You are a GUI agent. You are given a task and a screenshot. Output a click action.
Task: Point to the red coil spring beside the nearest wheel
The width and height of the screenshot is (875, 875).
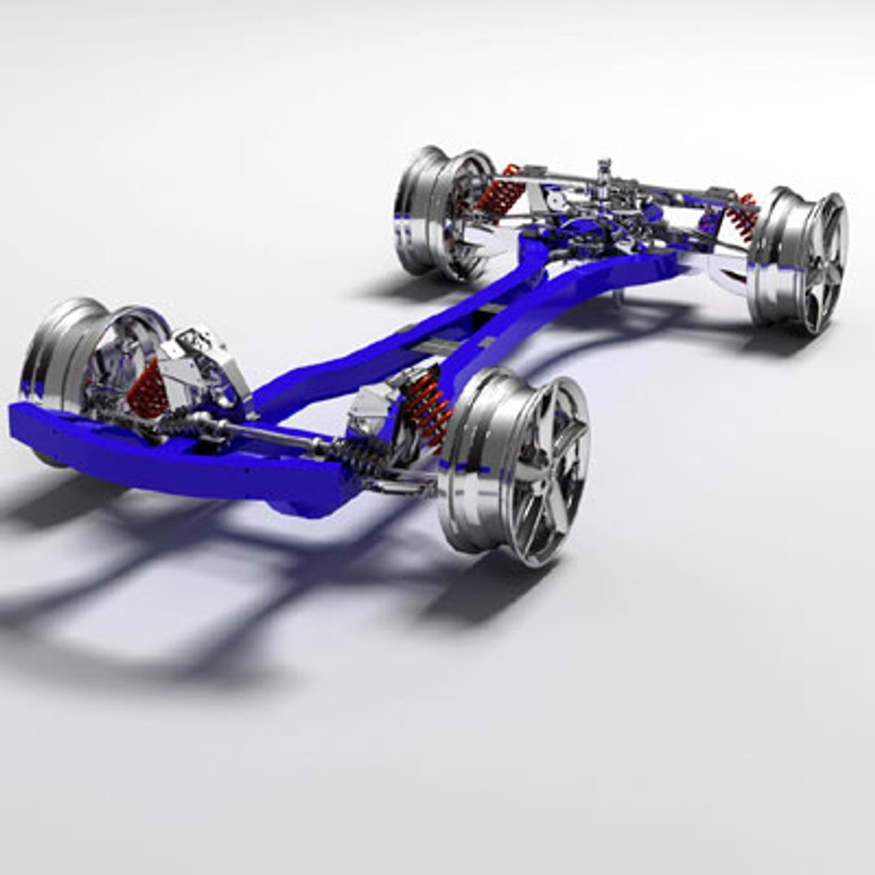pos(428,409)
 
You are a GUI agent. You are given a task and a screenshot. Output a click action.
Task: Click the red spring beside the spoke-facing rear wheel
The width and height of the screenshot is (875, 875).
pos(741,215)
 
